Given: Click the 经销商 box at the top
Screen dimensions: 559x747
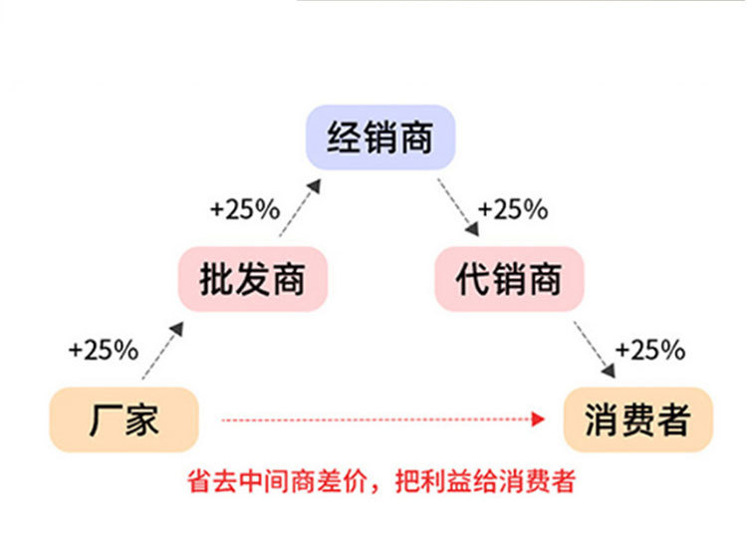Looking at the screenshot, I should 379,138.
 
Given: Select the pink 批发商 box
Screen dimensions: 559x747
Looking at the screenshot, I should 252,279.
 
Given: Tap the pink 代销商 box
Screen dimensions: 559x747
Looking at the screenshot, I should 508,279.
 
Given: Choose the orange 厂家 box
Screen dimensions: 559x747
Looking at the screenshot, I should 124,419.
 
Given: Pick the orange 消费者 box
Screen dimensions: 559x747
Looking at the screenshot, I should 637,419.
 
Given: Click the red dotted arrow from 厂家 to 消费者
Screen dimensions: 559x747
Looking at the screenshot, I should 378,419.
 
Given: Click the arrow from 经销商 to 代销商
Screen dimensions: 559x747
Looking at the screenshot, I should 460,207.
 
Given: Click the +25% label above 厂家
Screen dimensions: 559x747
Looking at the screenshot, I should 103,350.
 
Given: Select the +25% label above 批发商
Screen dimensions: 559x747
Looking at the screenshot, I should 244,209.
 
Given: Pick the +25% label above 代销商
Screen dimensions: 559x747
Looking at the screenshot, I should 513,209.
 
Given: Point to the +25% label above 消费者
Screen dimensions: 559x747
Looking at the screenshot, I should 650,350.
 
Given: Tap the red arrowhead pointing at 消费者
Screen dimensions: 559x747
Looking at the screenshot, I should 540,419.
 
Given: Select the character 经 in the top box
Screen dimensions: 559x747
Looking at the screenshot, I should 344,138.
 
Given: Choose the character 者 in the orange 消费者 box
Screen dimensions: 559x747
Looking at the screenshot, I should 674,419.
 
